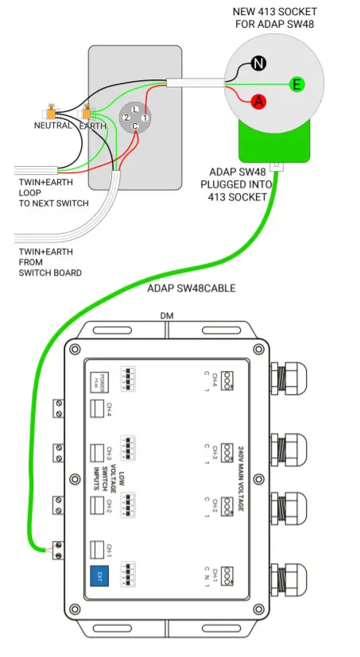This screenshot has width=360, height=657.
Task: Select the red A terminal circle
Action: tap(257, 102)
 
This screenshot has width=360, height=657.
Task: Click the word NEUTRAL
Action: tap(53, 126)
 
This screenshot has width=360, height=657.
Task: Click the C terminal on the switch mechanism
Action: tap(136, 126)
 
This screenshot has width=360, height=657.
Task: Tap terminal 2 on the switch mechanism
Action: tap(126, 118)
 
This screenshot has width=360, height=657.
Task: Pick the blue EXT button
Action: tap(99, 576)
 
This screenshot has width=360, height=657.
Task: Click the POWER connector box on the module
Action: tap(99, 380)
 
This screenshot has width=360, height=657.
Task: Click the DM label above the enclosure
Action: tap(167, 316)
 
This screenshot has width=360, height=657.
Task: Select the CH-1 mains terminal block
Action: tap(229, 574)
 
